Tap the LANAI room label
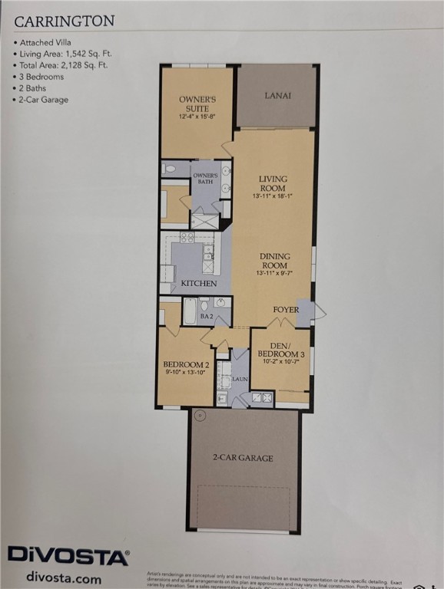277,96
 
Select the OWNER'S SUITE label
197,104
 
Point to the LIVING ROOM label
273,183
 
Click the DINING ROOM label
274,261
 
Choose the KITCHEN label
198,284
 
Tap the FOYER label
286,310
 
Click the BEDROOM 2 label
185,364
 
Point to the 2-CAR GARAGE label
243,458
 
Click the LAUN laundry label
240,379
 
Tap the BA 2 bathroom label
207,315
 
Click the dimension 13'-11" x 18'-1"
273,196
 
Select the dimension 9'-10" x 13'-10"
185,373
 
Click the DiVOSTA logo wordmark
68,555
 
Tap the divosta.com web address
63,577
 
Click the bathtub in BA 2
190,311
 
